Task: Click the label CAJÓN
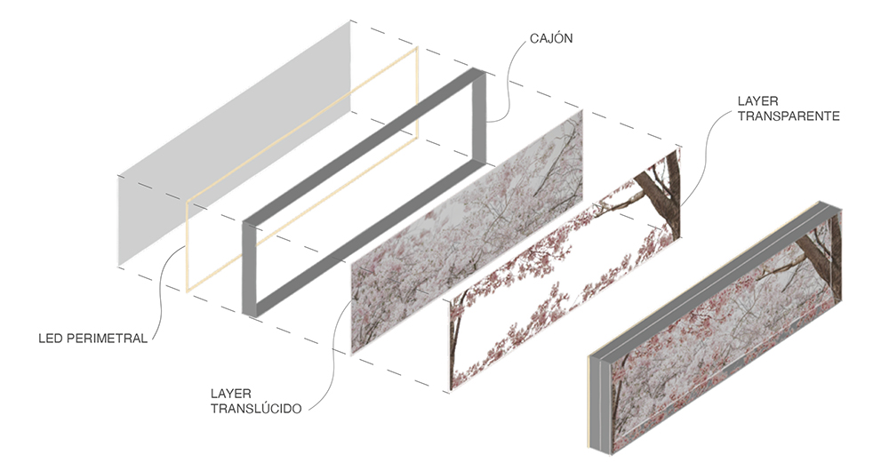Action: [x=551, y=38]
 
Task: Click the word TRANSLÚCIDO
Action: [x=256, y=408]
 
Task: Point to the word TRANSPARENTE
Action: [x=788, y=116]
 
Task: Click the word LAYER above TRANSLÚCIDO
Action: [x=231, y=394]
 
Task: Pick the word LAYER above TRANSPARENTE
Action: [x=758, y=101]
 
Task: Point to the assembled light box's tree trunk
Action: [x=822, y=250]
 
